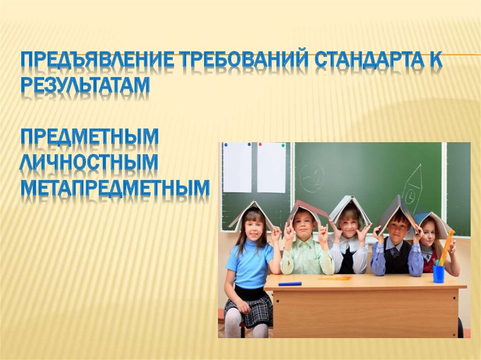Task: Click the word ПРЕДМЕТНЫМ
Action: click(89, 137)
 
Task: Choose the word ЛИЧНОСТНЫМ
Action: click(89, 162)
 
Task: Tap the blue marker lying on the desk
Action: click(289, 283)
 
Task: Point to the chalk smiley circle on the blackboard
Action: click(311, 178)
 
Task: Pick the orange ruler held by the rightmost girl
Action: click(446, 246)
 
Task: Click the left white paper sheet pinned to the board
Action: click(237, 167)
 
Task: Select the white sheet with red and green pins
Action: click(272, 167)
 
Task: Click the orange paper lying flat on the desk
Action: click(335, 278)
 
